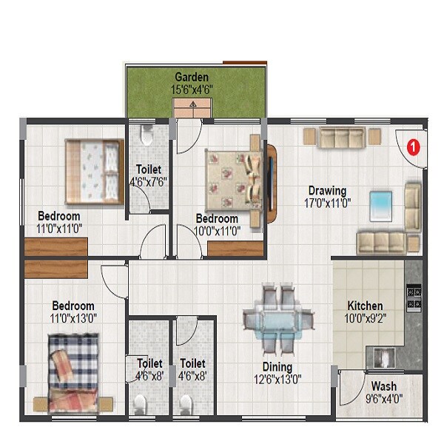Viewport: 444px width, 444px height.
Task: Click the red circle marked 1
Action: tap(414, 146)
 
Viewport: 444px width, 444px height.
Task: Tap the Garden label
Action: tap(191, 77)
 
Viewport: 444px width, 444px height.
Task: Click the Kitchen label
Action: tap(366, 306)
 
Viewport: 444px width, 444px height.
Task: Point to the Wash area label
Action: tap(383, 386)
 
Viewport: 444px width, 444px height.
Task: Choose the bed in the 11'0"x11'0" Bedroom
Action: tap(92, 171)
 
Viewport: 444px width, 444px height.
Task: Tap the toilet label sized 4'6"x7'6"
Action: tap(149, 181)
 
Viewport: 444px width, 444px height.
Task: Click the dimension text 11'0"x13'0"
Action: tap(73, 318)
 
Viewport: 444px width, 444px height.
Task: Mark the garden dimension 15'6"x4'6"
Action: tap(192, 90)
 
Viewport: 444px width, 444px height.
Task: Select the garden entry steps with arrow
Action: tap(192, 108)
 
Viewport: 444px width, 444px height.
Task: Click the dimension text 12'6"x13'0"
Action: tap(276, 379)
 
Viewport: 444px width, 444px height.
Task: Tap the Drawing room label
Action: tap(327, 190)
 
